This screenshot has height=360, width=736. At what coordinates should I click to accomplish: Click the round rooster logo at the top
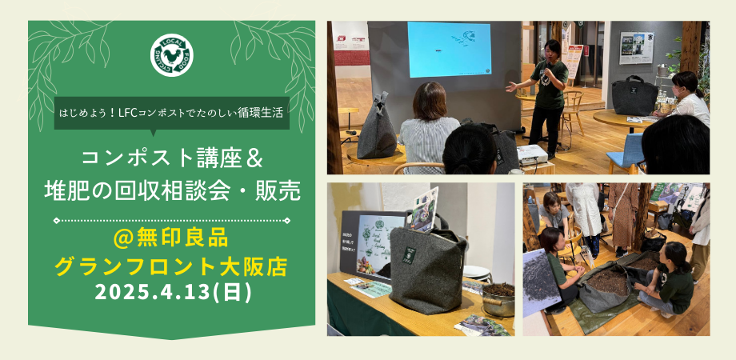click(172, 54)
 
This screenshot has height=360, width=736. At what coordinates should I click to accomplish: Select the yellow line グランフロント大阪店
click(173, 266)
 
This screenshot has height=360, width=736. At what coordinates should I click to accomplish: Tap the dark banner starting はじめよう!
click(172, 114)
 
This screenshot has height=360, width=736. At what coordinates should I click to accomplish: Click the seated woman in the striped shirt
click(430, 128)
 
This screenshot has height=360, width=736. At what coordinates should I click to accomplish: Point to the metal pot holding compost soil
click(498, 298)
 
